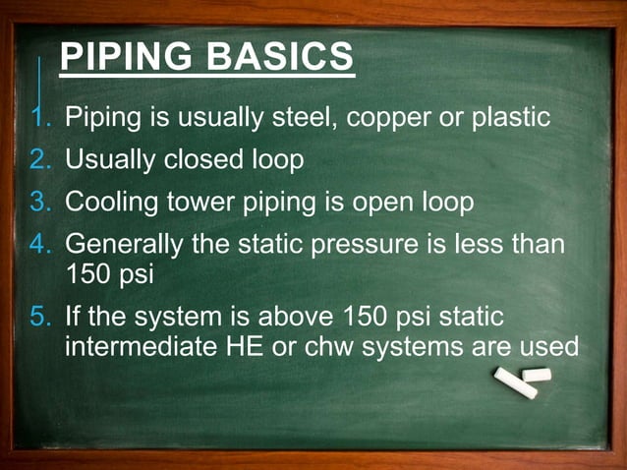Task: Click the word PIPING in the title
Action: point(126,58)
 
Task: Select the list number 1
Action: point(39,118)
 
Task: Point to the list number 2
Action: point(39,159)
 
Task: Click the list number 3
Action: point(39,202)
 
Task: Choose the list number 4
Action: point(39,243)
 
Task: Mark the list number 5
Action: point(39,318)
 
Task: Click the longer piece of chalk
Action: point(516,384)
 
